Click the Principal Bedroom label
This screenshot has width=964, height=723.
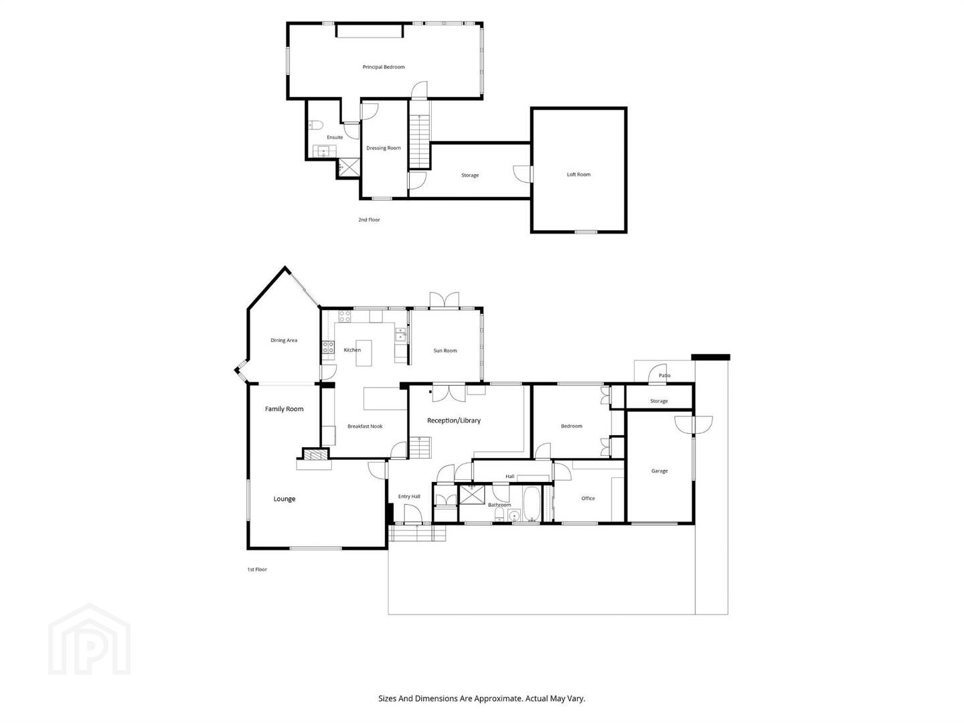click(384, 67)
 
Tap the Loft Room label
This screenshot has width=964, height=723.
click(578, 174)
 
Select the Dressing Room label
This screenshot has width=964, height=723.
click(384, 148)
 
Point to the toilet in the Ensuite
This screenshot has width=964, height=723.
click(315, 125)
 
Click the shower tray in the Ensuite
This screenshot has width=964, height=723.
click(349, 167)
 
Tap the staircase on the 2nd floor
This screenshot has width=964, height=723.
click(420, 141)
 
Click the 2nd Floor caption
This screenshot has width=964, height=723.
click(369, 220)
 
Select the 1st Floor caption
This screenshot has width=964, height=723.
click(257, 569)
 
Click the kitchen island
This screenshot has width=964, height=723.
click(364, 353)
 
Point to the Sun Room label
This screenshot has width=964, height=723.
click(445, 351)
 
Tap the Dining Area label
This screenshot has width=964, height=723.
click(284, 340)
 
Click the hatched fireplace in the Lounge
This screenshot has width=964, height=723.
click(315, 455)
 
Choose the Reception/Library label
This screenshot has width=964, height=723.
click(454, 420)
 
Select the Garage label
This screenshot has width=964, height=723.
click(659, 471)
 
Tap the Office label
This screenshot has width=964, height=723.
click(588, 498)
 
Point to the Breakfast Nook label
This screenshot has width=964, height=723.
click(365, 426)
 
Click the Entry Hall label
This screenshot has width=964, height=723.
click(409, 497)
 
